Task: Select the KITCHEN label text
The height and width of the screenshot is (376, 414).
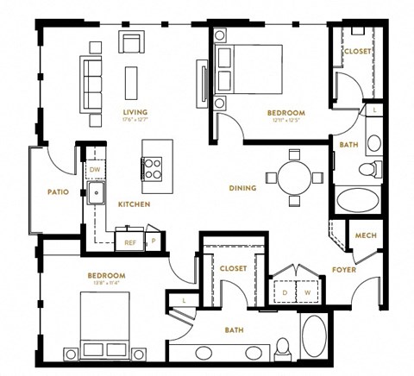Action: point(134,204)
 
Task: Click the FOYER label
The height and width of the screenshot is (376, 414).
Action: point(344,270)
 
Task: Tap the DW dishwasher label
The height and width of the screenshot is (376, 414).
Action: point(94,170)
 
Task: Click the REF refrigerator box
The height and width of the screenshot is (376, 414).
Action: point(130,242)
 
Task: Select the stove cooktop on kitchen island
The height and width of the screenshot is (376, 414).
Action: point(153,166)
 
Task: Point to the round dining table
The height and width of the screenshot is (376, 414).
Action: point(293,177)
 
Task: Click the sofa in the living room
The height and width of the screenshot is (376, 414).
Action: point(91,85)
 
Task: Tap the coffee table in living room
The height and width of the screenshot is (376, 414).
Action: point(132,79)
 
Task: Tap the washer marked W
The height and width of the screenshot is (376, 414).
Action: point(307,291)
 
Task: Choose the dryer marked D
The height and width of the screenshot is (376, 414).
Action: point(285,291)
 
